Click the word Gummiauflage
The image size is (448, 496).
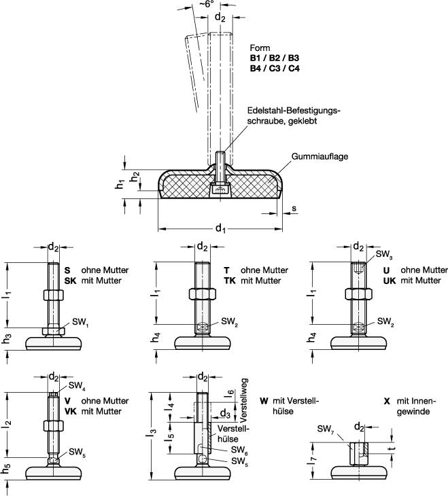[x=320, y=156]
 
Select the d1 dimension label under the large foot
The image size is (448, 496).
[x=220, y=228]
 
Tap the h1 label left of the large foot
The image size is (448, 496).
[x=120, y=183]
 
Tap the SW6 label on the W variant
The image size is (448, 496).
[x=238, y=450]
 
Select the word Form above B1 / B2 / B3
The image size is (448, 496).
[x=260, y=48]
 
